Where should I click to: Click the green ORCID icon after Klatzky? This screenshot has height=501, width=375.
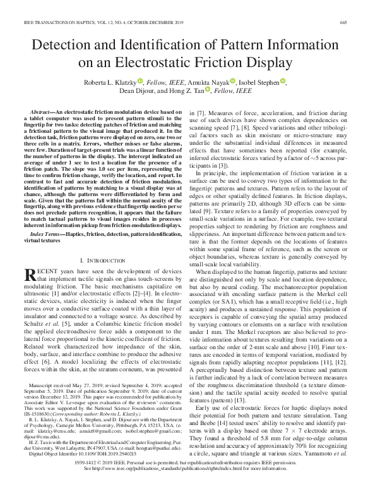tap(140, 81)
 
